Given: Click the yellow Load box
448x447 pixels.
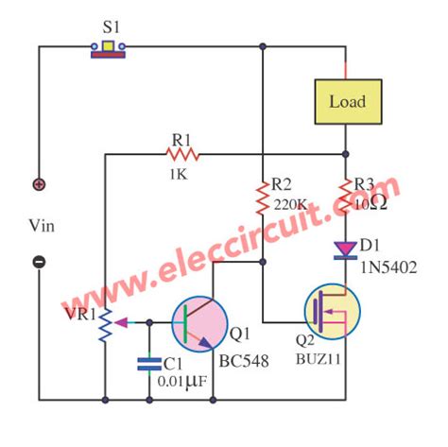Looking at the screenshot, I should tap(347, 102).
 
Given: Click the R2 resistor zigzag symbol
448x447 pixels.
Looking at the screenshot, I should tap(263, 198).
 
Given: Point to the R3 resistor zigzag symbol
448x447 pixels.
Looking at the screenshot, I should tap(346, 195).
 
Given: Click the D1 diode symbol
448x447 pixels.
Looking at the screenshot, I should tap(346, 249).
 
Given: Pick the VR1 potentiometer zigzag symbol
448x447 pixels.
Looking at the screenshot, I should tap(106, 321).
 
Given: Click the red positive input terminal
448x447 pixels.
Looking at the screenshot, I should tap(40, 184).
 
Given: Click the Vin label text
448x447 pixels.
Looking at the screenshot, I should tap(41, 223).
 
